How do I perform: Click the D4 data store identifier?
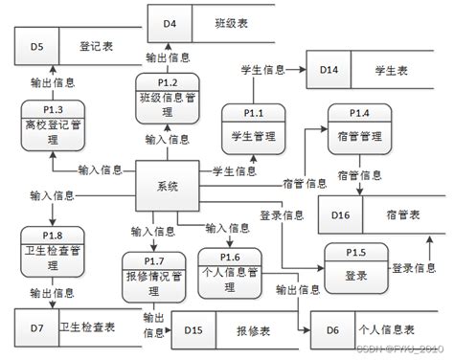tap(170, 21)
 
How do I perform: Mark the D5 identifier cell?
tap(37, 44)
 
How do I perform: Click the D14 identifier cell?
tap(329, 70)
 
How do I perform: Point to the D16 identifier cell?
tap(341, 214)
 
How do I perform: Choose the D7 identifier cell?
tap(36, 327)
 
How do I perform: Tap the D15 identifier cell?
tap(193, 330)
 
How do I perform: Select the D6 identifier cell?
tap(332, 330)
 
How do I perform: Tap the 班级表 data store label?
tap(230, 21)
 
